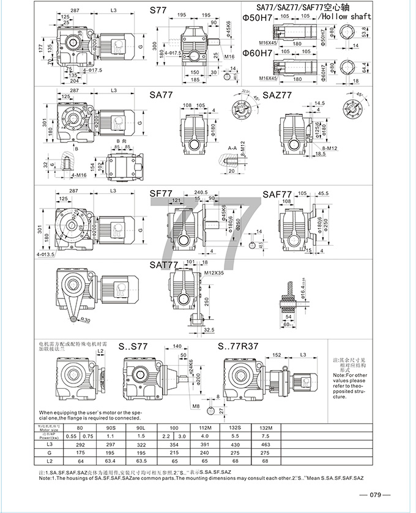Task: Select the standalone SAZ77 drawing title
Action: pyautogui.click(x=277, y=95)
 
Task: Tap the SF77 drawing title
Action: pyautogui.click(x=161, y=193)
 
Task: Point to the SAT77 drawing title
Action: pyautogui.click(x=163, y=265)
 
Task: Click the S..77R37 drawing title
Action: pyautogui.click(x=238, y=346)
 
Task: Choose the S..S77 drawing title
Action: pyautogui.click(x=133, y=346)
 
